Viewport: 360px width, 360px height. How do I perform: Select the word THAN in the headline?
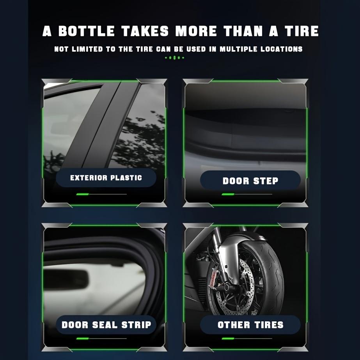(x=245, y=31)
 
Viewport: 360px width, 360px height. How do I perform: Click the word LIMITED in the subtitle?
(x=85, y=49)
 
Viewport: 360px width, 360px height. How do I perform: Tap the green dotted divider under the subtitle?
(x=174, y=58)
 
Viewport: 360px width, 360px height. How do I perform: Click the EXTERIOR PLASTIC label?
(x=106, y=178)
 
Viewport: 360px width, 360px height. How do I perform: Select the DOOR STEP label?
(x=250, y=181)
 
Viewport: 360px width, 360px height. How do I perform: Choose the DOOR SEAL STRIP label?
(x=106, y=325)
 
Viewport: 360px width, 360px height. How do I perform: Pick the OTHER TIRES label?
(x=250, y=325)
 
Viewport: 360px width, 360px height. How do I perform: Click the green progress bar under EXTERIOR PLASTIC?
(x=83, y=194)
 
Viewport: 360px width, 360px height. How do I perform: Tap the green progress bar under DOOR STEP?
(x=228, y=194)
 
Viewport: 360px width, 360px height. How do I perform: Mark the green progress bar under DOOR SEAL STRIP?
(x=83, y=338)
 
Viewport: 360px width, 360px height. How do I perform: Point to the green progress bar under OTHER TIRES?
(x=228, y=338)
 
